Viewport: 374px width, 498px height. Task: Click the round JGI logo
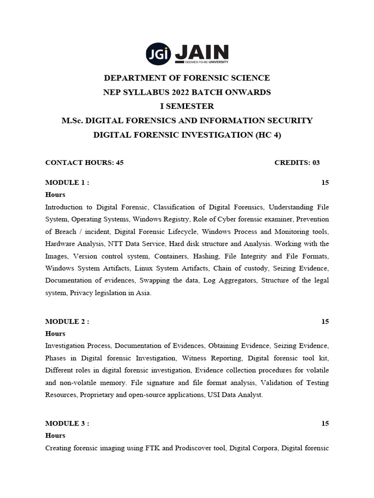coord(158,54)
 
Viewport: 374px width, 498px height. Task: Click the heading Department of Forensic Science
coord(187,78)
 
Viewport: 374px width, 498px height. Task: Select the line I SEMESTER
coord(187,106)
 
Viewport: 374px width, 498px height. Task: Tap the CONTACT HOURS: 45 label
coord(84,162)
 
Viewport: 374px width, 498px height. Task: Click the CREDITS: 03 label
coord(297,162)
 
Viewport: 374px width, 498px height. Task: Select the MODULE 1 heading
coord(67,182)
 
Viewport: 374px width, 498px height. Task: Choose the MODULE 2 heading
coord(67,321)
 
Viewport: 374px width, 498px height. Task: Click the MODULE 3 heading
coord(67,424)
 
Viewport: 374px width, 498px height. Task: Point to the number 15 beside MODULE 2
coord(325,321)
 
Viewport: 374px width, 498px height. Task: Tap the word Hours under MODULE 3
coord(55,436)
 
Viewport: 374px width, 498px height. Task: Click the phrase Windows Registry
coord(158,219)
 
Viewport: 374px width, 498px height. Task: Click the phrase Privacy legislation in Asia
coord(111,293)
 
